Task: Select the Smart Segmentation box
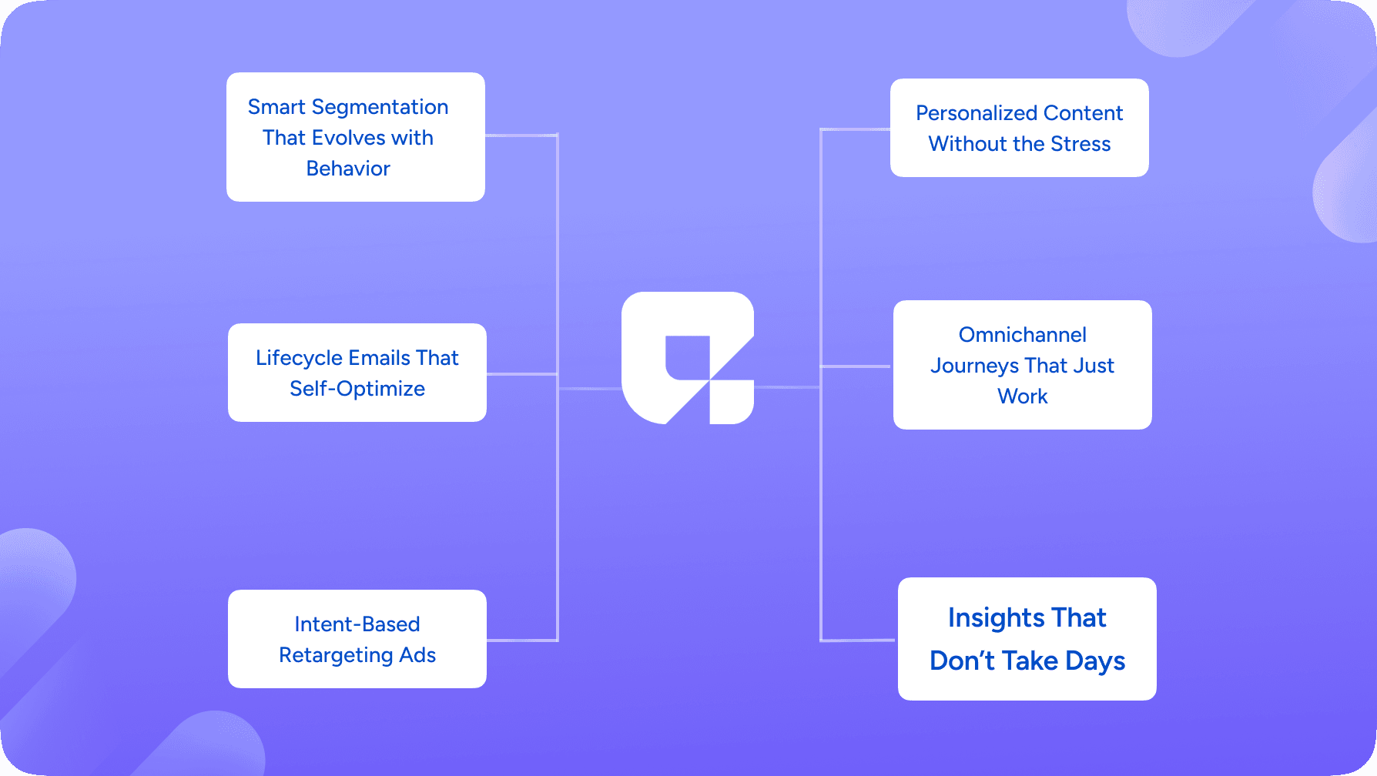356,137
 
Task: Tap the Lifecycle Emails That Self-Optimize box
357,373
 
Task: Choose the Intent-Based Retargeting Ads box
357,639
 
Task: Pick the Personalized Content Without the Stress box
1020,128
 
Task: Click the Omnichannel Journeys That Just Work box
1023,365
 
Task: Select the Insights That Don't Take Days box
1027,639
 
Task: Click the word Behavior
348,169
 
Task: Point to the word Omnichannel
1023,335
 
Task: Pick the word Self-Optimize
357,390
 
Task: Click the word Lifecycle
300,359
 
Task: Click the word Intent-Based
357,624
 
